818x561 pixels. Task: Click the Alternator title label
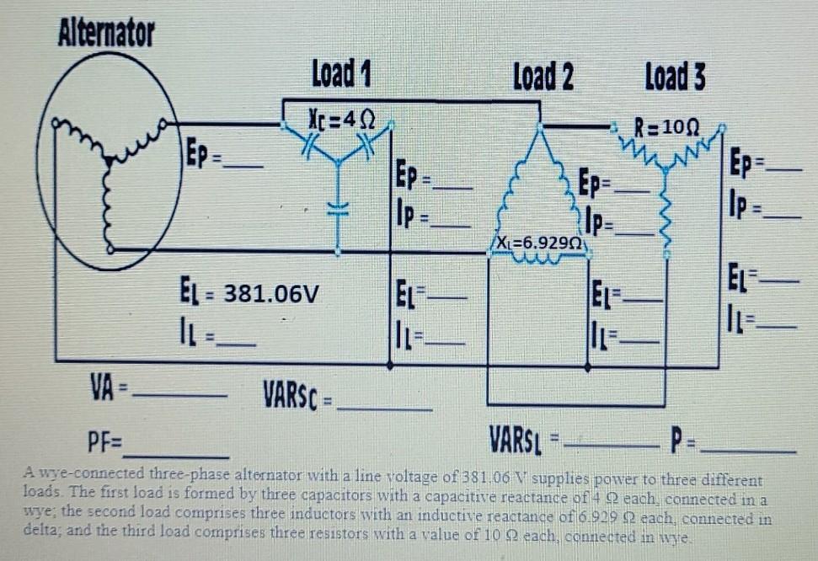pos(106,34)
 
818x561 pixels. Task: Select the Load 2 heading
pos(543,77)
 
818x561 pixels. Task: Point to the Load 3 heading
pos(675,77)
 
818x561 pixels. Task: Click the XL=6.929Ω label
pos(540,243)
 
